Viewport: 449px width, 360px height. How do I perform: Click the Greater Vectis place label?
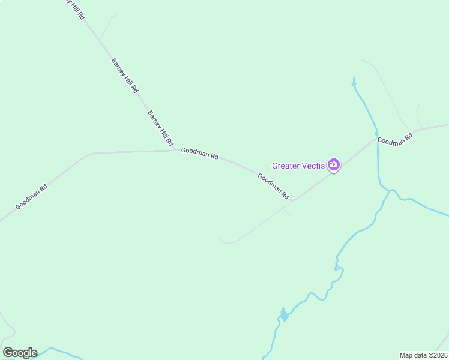298,166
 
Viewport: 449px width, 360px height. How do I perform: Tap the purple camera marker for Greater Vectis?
334,165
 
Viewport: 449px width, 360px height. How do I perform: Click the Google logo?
20,353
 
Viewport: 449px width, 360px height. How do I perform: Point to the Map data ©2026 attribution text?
423,355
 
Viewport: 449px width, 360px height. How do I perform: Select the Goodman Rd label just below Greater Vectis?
273,186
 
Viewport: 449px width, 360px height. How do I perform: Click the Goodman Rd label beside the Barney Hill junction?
199,154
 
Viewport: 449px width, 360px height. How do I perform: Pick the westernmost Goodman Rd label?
31,196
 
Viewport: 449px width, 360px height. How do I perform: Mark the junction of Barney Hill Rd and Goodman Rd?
175,150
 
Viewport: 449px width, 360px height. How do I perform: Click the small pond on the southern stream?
283,315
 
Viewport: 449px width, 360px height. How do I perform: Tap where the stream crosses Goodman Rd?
377,139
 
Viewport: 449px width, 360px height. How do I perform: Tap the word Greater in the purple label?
285,166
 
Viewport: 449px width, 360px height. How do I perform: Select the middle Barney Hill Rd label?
124,75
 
